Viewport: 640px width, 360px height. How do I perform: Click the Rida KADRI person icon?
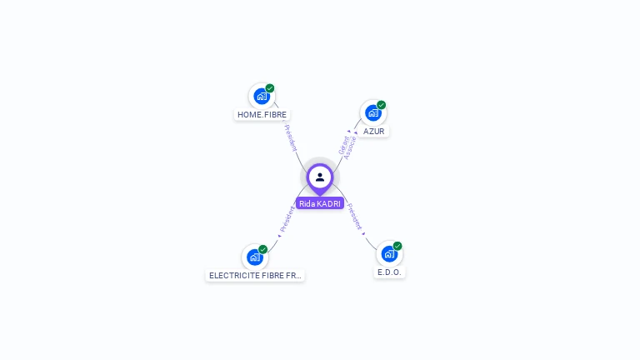click(x=320, y=177)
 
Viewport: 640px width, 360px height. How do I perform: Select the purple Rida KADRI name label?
click(x=320, y=203)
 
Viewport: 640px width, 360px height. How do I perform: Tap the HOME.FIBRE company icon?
click(x=262, y=96)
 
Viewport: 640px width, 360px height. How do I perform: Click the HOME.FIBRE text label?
click(x=262, y=114)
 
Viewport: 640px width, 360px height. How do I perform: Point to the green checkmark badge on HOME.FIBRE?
click(x=270, y=87)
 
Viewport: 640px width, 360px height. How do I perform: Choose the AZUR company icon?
click(x=373, y=112)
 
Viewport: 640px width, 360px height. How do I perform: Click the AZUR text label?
click(x=374, y=132)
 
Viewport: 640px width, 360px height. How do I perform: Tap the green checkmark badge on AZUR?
click(x=382, y=105)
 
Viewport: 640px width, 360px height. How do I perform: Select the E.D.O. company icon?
click(x=389, y=254)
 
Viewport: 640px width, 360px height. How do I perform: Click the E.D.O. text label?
click(x=389, y=272)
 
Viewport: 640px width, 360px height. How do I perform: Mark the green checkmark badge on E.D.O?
click(x=397, y=246)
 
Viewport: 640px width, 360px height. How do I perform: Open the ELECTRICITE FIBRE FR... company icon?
click(x=255, y=257)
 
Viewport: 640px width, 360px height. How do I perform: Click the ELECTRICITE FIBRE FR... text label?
click(x=255, y=275)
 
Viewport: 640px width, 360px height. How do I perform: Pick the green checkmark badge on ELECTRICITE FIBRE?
click(x=263, y=249)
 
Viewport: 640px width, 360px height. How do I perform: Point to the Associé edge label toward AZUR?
click(x=351, y=147)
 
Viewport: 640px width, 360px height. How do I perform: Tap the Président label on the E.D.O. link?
click(x=355, y=217)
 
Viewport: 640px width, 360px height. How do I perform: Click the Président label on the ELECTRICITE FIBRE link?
click(x=287, y=218)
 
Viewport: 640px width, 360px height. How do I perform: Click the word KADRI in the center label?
click(x=329, y=203)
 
